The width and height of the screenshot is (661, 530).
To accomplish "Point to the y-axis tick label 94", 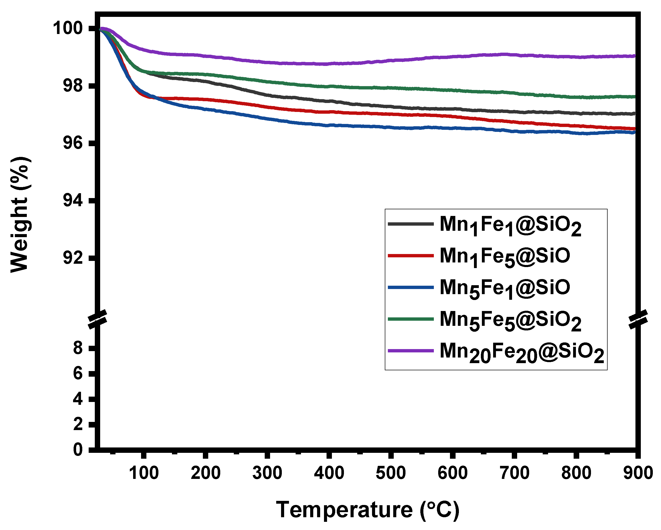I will (x=73, y=201).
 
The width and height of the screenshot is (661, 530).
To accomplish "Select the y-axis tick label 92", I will (x=73, y=258).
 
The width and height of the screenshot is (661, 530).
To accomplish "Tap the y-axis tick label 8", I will (x=78, y=348).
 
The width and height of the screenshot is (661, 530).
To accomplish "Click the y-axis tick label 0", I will (x=78, y=450).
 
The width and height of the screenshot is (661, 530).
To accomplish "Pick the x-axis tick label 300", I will (x=267, y=473).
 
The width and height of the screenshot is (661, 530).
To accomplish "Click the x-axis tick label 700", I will (x=514, y=473).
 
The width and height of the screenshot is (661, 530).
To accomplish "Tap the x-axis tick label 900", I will (x=638, y=473).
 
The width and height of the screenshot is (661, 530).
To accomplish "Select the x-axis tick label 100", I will (x=144, y=473).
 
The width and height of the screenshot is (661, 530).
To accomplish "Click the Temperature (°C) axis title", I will (x=368, y=510).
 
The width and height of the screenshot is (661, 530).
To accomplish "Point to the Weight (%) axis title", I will (x=20, y=215).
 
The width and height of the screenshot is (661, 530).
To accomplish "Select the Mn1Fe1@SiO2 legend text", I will (x=511, y=225).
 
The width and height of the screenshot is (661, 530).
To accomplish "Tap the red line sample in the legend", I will (x=411, y=256).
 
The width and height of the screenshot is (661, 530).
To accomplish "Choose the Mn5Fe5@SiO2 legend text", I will (x=511, y=320).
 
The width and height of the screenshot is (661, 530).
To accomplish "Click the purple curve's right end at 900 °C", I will (x=635, y=56).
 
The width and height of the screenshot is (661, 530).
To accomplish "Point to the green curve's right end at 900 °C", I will (x=635, y=97).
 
